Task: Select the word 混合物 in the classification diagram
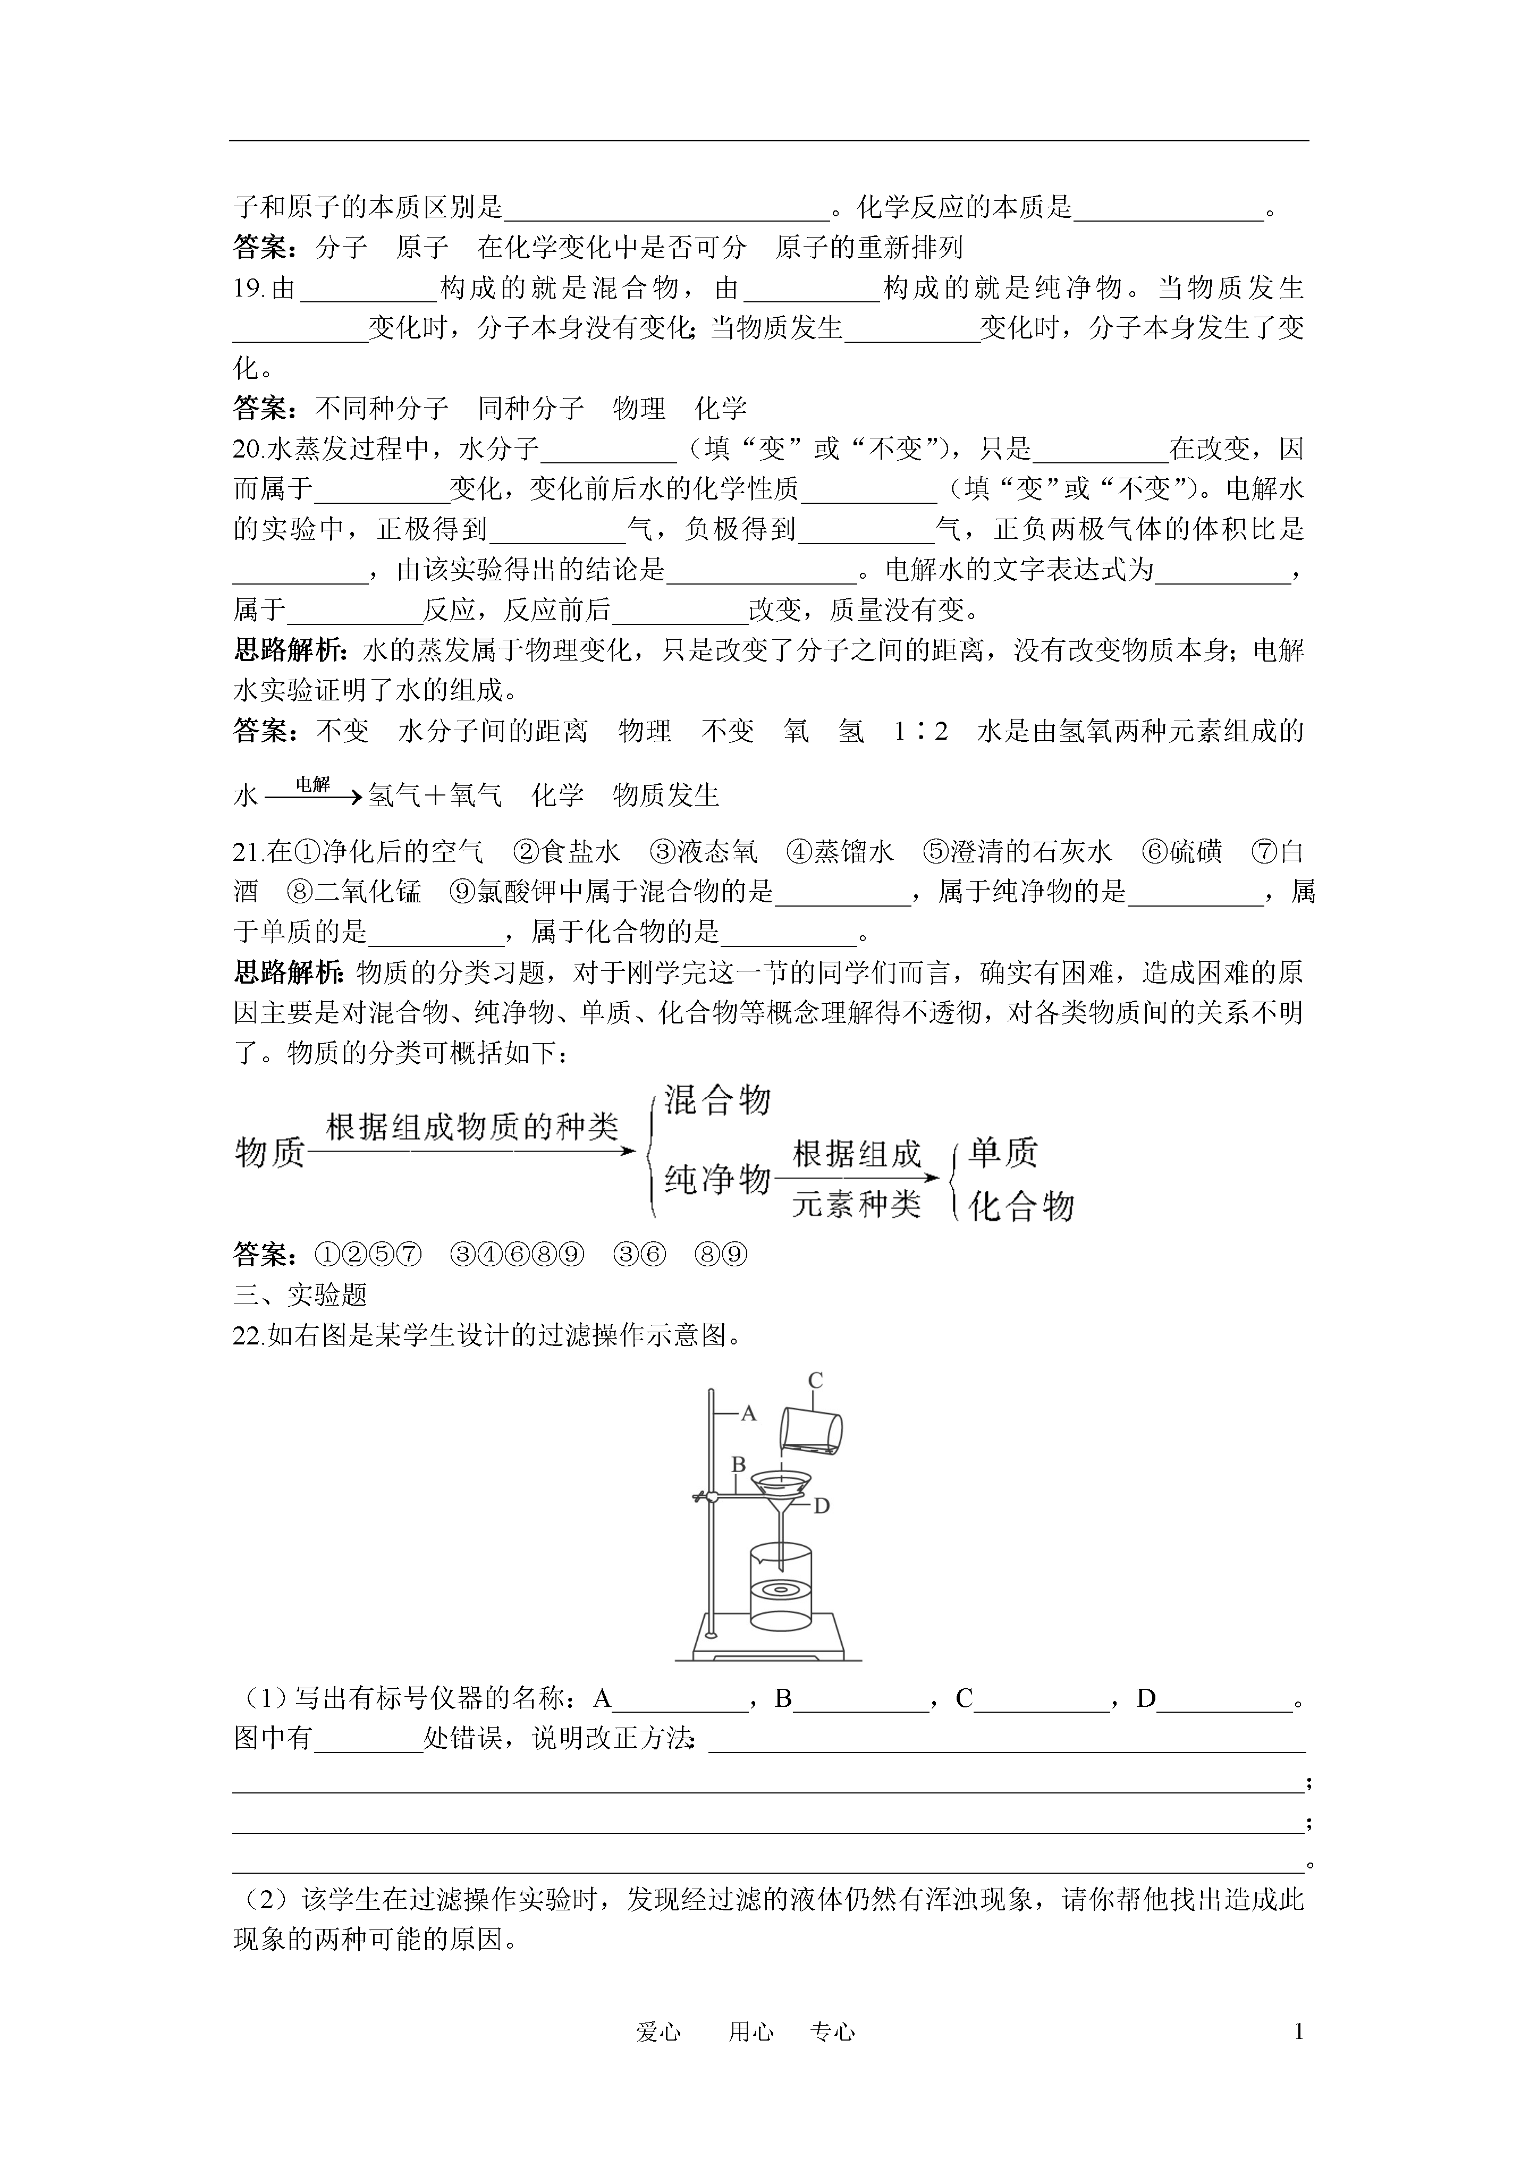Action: coord(717,1101)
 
